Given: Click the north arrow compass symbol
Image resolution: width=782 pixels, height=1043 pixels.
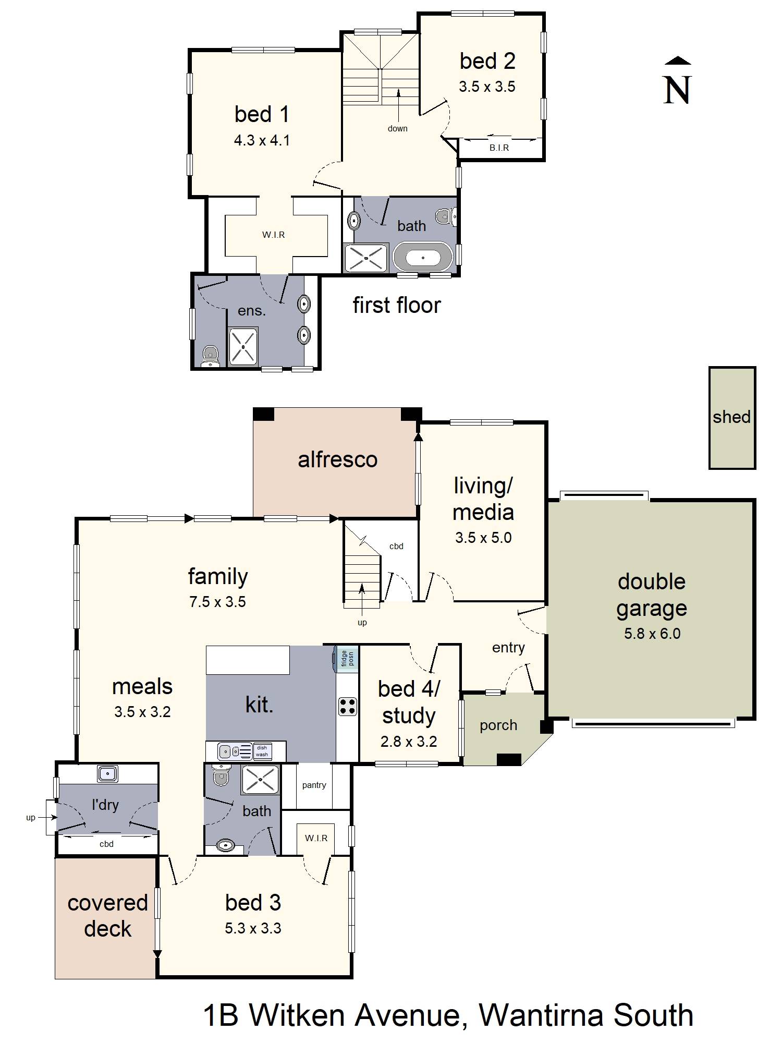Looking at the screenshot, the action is (677, 81).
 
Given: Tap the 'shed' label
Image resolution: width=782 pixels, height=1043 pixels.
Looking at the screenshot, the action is (731, 417).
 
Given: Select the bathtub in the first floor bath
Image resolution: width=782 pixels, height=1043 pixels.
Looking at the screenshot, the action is (423, 257).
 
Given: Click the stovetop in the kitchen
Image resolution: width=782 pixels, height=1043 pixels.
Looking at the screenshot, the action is (347, 706).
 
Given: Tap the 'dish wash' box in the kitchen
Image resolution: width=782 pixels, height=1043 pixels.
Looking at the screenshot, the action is (262, 751).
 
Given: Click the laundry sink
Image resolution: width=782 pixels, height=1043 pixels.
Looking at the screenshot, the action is (107, 773).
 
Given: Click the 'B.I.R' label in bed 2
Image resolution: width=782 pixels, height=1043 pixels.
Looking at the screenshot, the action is (499, 148).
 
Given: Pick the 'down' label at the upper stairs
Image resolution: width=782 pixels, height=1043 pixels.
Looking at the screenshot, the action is (397, 128).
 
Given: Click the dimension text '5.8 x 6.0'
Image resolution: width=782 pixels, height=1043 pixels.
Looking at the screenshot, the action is (652, 634).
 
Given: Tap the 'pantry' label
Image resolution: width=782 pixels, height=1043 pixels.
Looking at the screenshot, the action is (314, 785).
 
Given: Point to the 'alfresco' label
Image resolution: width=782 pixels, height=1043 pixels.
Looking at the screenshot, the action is (337, 459).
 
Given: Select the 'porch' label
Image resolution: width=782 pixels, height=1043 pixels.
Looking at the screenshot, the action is (498, 725).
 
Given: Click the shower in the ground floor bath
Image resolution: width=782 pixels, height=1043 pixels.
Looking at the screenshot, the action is (260, 780).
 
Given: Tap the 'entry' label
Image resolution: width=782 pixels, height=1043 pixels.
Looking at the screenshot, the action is (508, 648).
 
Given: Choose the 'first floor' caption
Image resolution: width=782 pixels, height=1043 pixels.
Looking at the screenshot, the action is (397, 305).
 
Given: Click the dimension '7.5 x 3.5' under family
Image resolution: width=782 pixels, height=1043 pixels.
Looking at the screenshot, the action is (217, 602).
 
